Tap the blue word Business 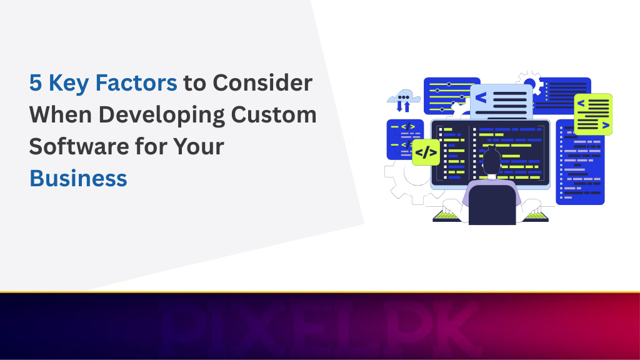[78, 179]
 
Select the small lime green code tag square [426, 152]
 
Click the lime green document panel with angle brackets [592, 114]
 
